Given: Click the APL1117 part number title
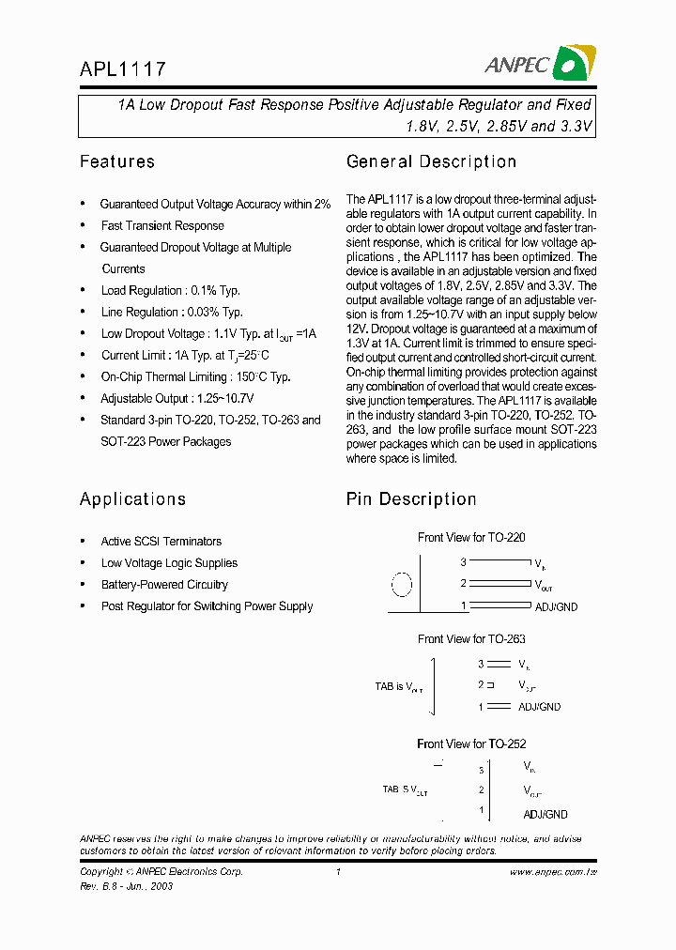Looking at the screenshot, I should pos(123,69).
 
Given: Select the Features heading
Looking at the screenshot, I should pos(117,161).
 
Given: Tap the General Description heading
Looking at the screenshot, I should pos(431,161).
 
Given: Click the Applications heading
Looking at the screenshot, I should pos(132,498).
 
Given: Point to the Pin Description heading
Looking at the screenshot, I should pos(411,498).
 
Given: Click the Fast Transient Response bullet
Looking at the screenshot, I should pos(162,225).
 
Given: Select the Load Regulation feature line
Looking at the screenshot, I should pos(170,290).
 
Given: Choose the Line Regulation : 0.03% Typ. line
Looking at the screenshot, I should pos(172,312).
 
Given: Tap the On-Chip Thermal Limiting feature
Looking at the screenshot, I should pos(195,376).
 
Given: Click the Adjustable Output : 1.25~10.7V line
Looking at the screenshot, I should pos(177,398).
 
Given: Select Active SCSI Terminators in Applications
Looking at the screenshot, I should pos(161,542).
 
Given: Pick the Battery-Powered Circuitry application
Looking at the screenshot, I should pos(164,585).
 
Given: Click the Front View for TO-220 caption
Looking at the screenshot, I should pos(471,538).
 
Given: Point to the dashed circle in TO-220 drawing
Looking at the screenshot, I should pos(401,585).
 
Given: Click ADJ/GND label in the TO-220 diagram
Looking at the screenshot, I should pos(556,606).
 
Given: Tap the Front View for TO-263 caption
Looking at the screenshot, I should pos(471,639).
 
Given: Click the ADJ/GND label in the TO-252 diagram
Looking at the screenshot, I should pos(545,814).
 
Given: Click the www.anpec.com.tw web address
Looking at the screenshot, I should pos(553,872).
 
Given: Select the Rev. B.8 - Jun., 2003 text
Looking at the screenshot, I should pos(126,886).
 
